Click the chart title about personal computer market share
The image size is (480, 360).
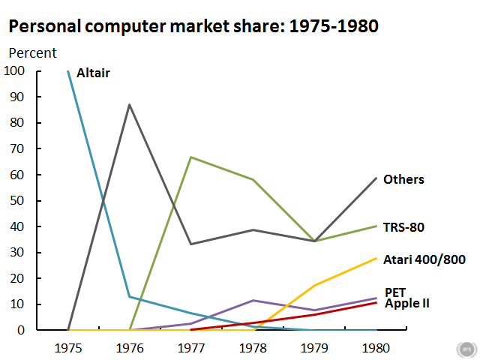click(x=193, y=26)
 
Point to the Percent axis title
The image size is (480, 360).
click(x=32, y=53)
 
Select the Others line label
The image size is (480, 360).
click(x=403, y=179)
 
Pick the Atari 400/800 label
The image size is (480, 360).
click(x=424, y=259)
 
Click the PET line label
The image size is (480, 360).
click(x=395, y=291)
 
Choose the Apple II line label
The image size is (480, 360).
click(x=407, y=303)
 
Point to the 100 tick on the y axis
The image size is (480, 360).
click(x=14, y=71)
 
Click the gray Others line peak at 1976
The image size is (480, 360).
click(x=130, y=104)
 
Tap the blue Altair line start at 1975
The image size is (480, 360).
click(x=68, y=71)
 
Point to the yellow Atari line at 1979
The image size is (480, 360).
click(x=315, y=285)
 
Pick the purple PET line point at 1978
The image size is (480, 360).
click(x=253, y=300)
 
